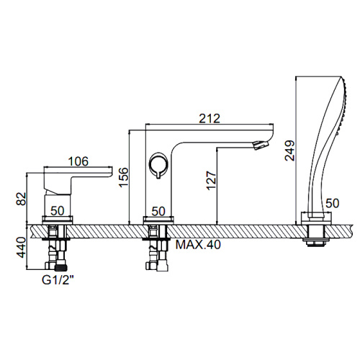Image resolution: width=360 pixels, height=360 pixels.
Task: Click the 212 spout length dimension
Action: click(210, 119)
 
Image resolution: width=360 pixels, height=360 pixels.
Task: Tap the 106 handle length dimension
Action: click(78, 161)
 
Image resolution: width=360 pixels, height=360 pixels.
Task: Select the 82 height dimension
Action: click(21, 199)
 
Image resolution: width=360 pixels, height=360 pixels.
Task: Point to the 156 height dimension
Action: click(124, 177)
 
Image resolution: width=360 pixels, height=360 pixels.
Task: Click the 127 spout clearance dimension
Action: click(211, 181)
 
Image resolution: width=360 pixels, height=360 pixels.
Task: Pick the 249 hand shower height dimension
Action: click(289, 150)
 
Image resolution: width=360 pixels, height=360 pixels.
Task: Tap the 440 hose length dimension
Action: click(21, 247)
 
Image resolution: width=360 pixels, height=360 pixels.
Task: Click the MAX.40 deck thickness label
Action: click(198, 245)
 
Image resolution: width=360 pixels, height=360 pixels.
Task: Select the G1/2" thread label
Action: click(58, 280)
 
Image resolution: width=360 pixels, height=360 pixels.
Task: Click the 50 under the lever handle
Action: click(58, 211)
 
